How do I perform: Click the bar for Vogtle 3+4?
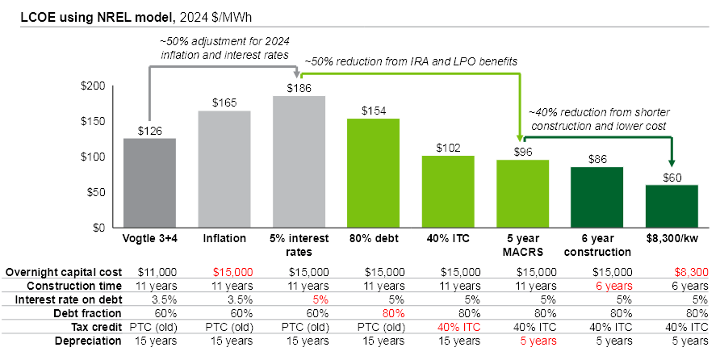[x=149, y=183]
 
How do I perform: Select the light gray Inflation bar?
[x=224, y=170]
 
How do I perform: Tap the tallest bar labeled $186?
[x=299, y=161]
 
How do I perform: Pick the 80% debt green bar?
[x=374, y=173]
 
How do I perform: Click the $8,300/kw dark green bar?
[x=672, y=207]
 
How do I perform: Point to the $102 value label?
[x=448, y=148]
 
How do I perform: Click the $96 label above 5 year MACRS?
[x=523, y=152]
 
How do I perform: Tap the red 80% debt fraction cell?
[x=373, y=313]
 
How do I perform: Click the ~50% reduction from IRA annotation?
[x=411, y=61]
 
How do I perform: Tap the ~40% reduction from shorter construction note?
[x=599, y=119]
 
